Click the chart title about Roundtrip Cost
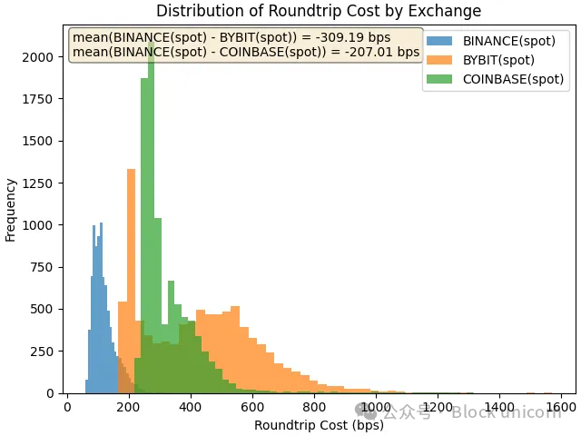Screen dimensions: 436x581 click(319, 11)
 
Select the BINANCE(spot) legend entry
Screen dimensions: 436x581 click(508, 41)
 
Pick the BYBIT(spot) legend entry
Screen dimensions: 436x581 click(498, 60)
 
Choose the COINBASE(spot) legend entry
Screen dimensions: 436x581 click(513, 79)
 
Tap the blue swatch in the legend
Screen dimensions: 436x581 click(440, 41)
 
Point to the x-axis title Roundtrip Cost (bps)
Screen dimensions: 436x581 click(319, 425)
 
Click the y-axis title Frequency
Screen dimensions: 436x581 click(11, 210)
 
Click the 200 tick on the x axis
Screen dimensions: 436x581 click(128, 407)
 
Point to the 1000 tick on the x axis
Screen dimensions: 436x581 click(376, 407)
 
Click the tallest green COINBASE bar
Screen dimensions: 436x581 click(151, 218)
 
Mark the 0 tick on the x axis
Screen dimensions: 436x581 click(67, 407)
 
